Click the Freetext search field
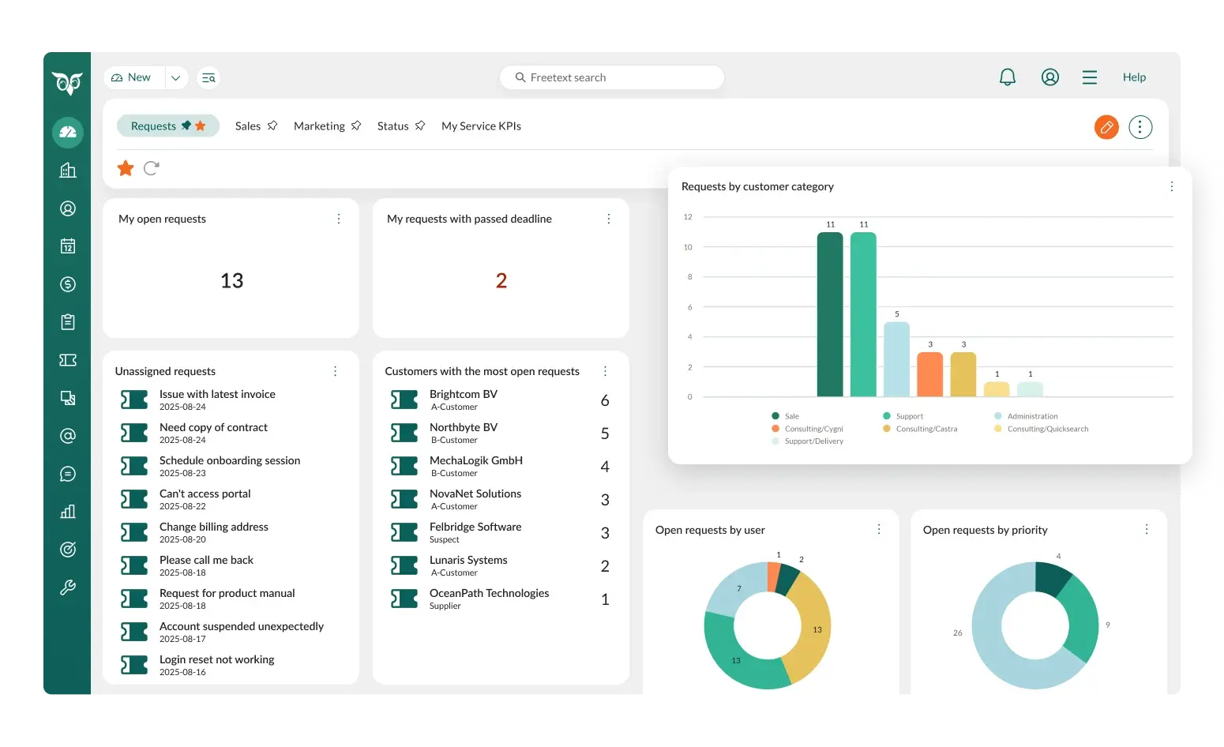pyautogui.click(x=612, y=77)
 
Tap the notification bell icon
pyautogui.click(x=1008, y=77)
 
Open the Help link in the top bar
pyautogui.click(x=1134, y=77)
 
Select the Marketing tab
pyautogui.click(x=319, y=126)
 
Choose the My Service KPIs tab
pyautogui.click(x=481, y=126)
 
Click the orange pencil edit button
pyautogui.click(x=1106, y=126)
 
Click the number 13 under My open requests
pyautogui.click(x=231, y=281)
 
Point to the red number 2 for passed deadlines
pyautogui.click(x=501, y=281)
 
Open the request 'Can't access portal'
pyautogui.click(x=205, y=494)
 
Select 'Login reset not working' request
pyautogui.click(x=216, y=660)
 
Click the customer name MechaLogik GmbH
pyautogui.click(x=475, y=461)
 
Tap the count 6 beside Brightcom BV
pyautogui.click(x=605, y=401)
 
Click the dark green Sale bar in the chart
pyautogui.click(x=830, y=316)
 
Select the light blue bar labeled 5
pyautogui.click(x=896, y=359)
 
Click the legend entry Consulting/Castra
pyautogui.click(x=926, y=429)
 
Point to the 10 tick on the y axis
pyautogui.click(x=688, y=247)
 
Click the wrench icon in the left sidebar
pyautogui.click(x=68, y=587)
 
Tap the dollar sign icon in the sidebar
pyautogui.click(x=68, y=284)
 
